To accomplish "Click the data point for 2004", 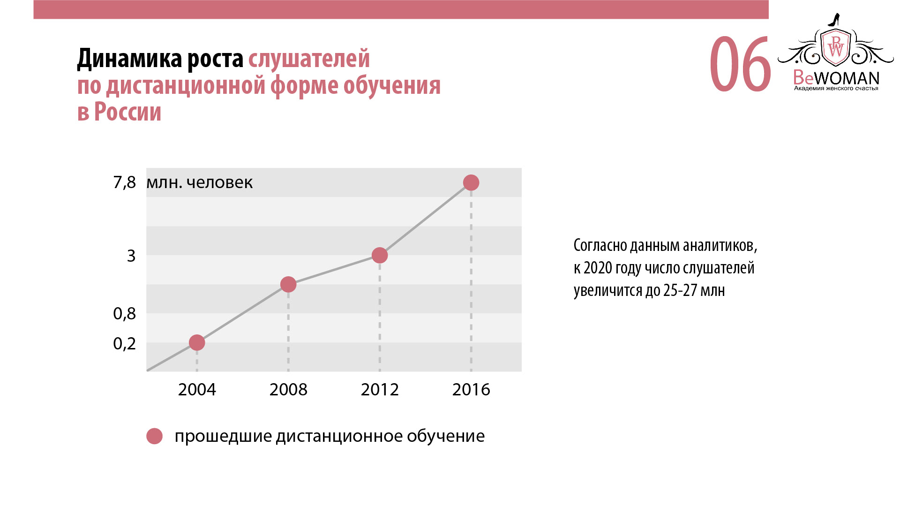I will (x=197, y=343).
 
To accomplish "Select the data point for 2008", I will (x=288, y=284).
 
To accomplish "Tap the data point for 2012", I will (x=380, y=255).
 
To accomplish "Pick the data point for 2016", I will (x=471, y=182).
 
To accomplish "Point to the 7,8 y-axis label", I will (x=124, y=182).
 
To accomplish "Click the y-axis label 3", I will (x=131, y=256).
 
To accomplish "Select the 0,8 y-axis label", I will (x=124, y=314).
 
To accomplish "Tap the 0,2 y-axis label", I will (x=124, y=344).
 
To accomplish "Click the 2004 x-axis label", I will (x=197, y=390).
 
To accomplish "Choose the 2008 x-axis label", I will (x=288, y=390).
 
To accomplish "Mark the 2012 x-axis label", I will (x=380, y=390).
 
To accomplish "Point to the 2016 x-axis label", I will (x=471, y=390).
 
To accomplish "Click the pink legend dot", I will (x=154, y=436).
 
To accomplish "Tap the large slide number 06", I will (x=740, y=65).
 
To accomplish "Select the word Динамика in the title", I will (x=129, y=59).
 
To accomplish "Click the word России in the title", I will (x=127, y=113).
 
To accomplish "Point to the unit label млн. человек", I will (x=199, y=182).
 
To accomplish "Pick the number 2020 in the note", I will (x=598, y=268).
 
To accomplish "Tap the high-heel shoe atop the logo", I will (x=834, y=20).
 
